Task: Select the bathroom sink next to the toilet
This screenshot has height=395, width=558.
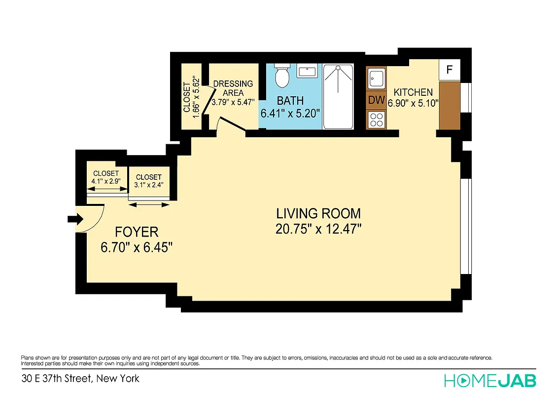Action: coord(307,72)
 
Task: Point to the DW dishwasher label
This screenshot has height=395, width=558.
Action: coord(377,100)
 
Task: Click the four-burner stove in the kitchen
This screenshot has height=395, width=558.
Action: coord(377,119)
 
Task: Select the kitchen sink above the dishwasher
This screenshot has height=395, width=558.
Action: coord(377,79)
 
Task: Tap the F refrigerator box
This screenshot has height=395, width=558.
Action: coord(449,70)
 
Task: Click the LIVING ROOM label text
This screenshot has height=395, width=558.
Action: coord(318,214)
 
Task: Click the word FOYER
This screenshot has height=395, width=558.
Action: coord(137,232)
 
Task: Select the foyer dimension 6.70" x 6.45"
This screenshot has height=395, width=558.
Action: coord(137,247)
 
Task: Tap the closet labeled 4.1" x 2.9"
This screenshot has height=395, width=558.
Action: coord(106,177)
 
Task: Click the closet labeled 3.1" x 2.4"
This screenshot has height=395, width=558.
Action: coord(148,181)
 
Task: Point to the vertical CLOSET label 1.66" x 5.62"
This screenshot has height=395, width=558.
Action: coord(191,97)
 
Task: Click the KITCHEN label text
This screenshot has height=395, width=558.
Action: coord(413,92)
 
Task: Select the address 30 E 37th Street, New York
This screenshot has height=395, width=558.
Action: coord(80,379)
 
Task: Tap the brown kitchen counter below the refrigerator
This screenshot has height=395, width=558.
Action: coord(449,105)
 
